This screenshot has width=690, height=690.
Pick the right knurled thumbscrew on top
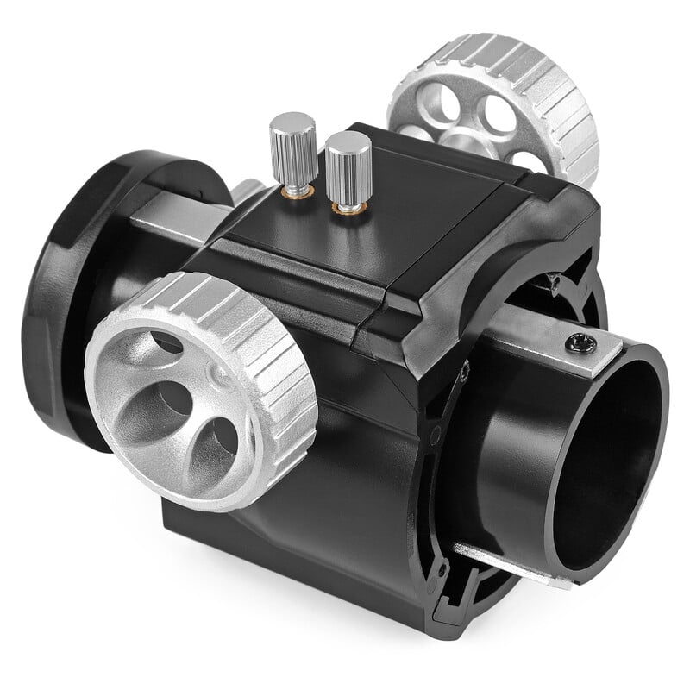coord(348,164)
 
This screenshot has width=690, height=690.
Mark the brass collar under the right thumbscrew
coord(348,207)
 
